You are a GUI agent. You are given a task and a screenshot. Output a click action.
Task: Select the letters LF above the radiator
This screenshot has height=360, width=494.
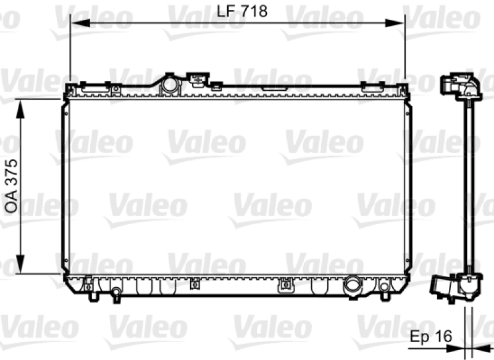[x=226, y=11]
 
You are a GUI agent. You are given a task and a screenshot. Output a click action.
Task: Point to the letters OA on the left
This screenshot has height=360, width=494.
[x=12, y=203]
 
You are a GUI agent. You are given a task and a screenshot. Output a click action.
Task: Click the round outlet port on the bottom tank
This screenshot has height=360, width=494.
[x=353, y=284]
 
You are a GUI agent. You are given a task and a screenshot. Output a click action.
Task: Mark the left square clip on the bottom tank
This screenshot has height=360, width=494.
[x=195, y=283]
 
